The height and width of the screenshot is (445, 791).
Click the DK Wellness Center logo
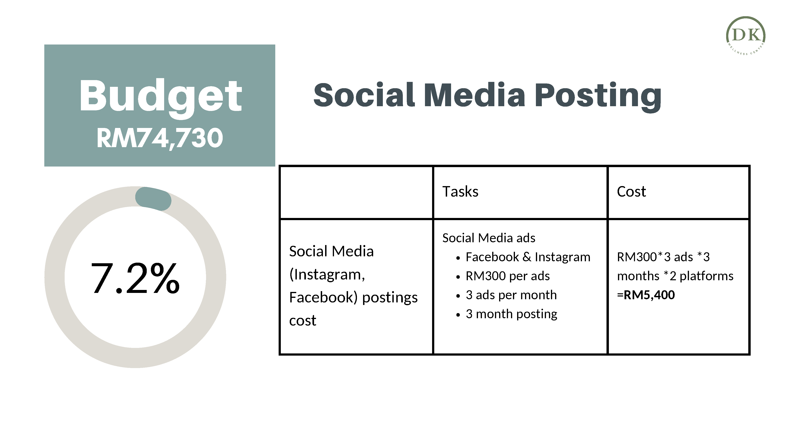[x=746, y=36]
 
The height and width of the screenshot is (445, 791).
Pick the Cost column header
[x=631, y=192]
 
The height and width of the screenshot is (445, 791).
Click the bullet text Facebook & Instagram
[x=528, y=257]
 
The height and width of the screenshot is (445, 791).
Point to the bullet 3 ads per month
[x=511, y=295]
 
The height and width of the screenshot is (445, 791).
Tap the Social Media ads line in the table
[x=488, y=238]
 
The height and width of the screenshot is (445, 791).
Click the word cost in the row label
[x=303, y=321]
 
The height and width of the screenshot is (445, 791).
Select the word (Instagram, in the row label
[x=327, y=274]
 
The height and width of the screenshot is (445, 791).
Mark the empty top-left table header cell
[x=356, y=193]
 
